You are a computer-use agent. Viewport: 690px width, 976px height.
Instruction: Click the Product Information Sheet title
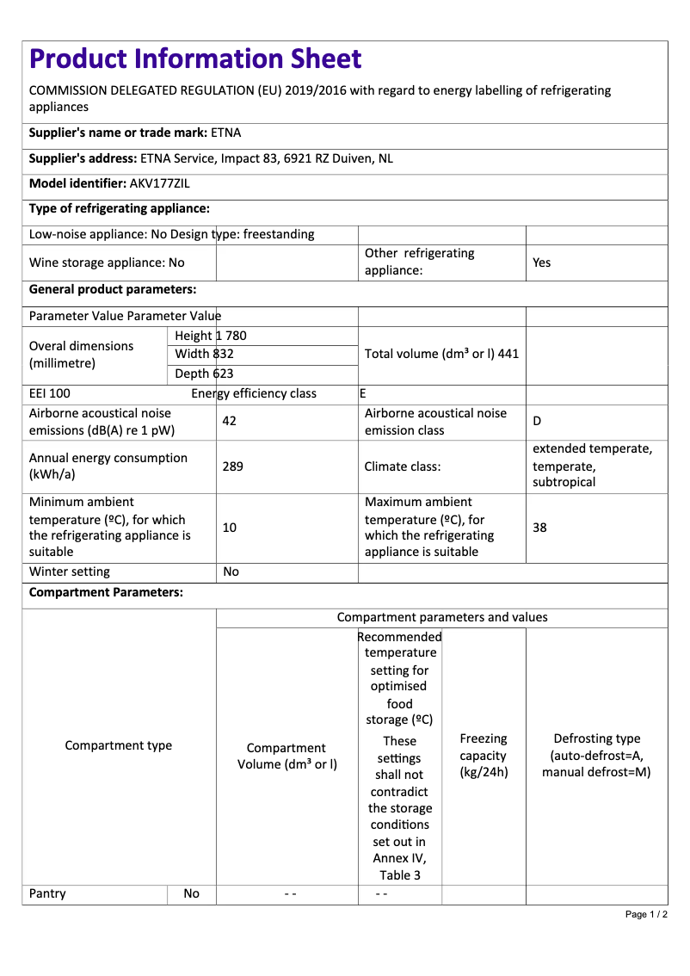(x=195, y=59)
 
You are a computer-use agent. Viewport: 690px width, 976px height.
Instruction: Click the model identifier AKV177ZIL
(x=159, y=183)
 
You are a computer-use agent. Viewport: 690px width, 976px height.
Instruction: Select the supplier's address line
(x=211, y=158)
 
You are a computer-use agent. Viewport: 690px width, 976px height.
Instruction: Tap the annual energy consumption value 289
(x=232, y=466)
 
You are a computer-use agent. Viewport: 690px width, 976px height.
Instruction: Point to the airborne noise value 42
(x=229, y=421)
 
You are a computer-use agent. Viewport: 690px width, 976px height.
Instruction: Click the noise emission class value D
(x=537, y=421)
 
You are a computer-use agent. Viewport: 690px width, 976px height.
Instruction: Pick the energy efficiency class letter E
(x=363, y=393)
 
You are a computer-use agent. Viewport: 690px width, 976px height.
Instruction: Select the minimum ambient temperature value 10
(x=229, y=527)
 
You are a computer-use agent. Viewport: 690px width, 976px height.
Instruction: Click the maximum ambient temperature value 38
(x=539, y=527)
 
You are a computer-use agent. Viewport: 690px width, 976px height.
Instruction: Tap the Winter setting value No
(x=231, y=571)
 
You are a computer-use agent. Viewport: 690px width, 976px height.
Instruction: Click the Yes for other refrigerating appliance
(x=541, y=263)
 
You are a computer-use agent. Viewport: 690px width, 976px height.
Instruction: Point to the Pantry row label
(x=47, y=893)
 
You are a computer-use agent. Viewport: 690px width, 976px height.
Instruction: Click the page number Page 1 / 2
(x=646, y=914)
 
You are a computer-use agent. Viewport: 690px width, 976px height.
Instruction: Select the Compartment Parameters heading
(x=106, y=593)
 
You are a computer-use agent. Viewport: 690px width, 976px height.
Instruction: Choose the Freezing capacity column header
(x=484, y=755)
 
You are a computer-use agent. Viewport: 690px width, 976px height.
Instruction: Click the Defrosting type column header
(x=596, y=755)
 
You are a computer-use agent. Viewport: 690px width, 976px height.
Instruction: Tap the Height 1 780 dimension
(x=210, y=336)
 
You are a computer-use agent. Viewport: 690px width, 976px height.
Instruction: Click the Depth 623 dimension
(x=204, y=374)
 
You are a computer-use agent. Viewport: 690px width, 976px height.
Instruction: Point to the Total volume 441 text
(x=441, y=354)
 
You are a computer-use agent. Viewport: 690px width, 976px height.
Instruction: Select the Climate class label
(x=403, y=466)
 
